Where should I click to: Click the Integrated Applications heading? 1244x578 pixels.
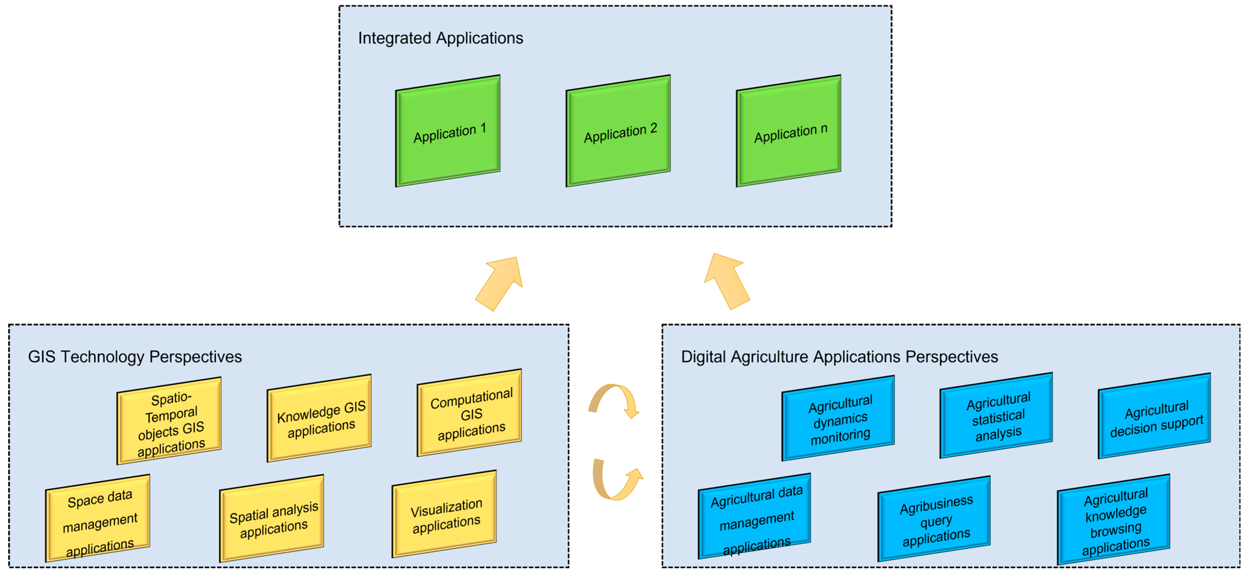click(x=440, y=38)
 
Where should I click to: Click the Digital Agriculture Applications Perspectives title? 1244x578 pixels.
click(x=839, y=357)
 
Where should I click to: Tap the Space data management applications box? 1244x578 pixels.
click(x=98, y=518)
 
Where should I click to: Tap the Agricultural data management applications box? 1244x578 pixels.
click(x=754, y=516)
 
